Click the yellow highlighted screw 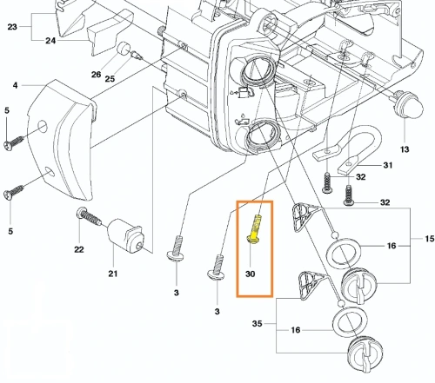pyautogui.click(x=254, y=229)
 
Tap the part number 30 pyautogui.click(x=250, y=274)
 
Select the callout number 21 pyautogui.click(x=113, y=274)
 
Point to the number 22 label pyautogui.click(x=79, y=249)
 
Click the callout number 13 pyautogui.click(x=405, y=149)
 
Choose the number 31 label pyautogui.click(x=388, y=165)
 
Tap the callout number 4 pyautogui.click(x=15, y=85)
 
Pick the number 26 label pyautogui.click(x=96, y=75)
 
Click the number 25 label pyautogui.click(x=110, y=78)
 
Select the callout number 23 pyautogui.click(x=12, y=27)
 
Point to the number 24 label pyautogui.click(x=50, y=41)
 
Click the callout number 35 pyautogui.click(x=257, y=323)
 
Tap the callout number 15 pyautogui.click(x=430, y=239)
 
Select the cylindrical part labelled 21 pyautogui.click(x=125, y=235)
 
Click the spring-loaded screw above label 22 pyautogui.click(x=89, y=216)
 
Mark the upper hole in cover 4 pyautogui.click(x=43, y=127)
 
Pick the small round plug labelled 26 pyautogui.click(x=124, y=49)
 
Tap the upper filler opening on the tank pyautogui.click(x=258, y=70)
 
